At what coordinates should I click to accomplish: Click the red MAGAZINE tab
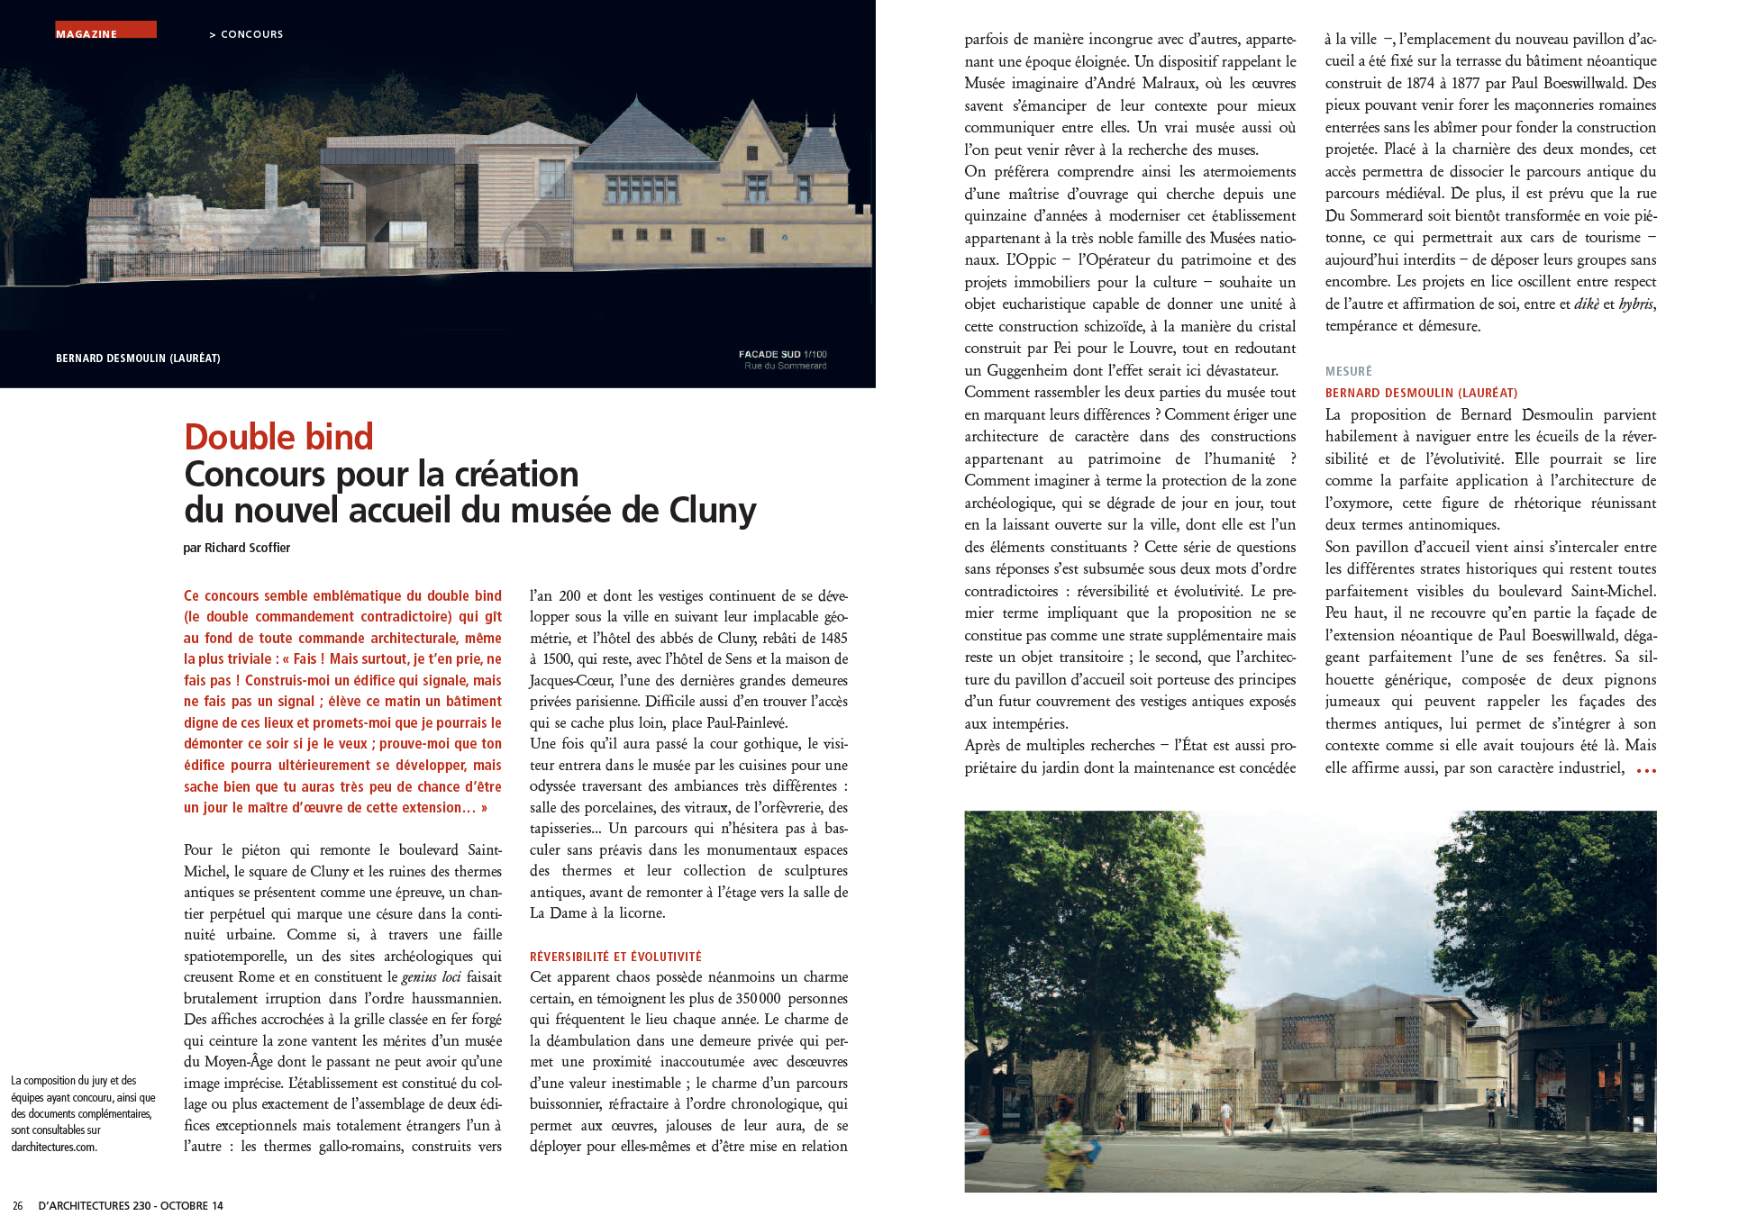click(105, 31)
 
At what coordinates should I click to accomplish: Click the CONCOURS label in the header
click(251, 34)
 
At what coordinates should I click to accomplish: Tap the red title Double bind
click(278, 437)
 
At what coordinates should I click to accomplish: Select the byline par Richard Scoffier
click(236, 548)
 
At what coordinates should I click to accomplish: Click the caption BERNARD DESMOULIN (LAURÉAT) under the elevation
click(138, 358)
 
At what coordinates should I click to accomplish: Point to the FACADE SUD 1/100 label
click(782, 354)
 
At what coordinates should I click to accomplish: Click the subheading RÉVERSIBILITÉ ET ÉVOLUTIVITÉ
click(615, 957)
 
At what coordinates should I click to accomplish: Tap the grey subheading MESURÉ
click(1348, 371)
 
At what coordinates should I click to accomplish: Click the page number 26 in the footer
click(17, 1205)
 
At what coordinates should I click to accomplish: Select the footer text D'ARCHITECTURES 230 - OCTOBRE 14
click(131, 1205)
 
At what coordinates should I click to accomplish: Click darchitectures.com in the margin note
click(54, 1147)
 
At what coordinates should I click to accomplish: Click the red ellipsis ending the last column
click(1645, 770)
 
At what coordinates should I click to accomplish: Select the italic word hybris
click(1635, 304)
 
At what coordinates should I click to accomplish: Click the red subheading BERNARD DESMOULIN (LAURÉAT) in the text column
click(1421, 393)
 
